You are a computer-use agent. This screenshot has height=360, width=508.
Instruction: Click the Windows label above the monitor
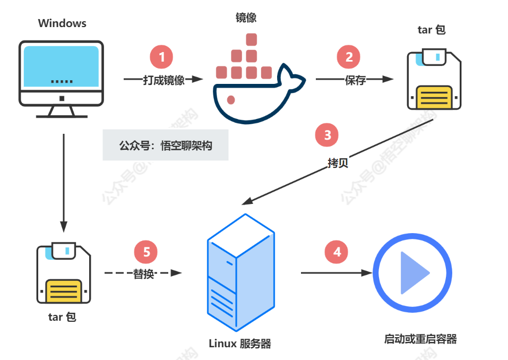pyautogui.click(x=62, y=23)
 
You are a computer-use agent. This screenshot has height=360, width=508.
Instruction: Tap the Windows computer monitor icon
pyautogui.click(x=62, y=78)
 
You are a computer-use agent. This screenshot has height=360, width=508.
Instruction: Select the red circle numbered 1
pyautogui.click(x=162, y=57)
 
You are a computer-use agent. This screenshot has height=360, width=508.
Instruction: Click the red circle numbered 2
pyautogui.click(x=349, y=57)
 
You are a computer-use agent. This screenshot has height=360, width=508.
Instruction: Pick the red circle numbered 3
pyautogui.click(x=327, y=135)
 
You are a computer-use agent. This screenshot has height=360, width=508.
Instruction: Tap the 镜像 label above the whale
pyautogui.click(x=246, y=18)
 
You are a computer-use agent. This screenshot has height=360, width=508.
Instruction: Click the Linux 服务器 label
pyautogui.click(x=240, y=344)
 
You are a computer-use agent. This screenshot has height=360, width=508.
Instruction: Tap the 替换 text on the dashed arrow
pyautogui.click(x=143, y=274)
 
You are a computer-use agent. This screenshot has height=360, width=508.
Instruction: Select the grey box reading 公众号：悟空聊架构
pyautogui.click(x=166, y=145)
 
